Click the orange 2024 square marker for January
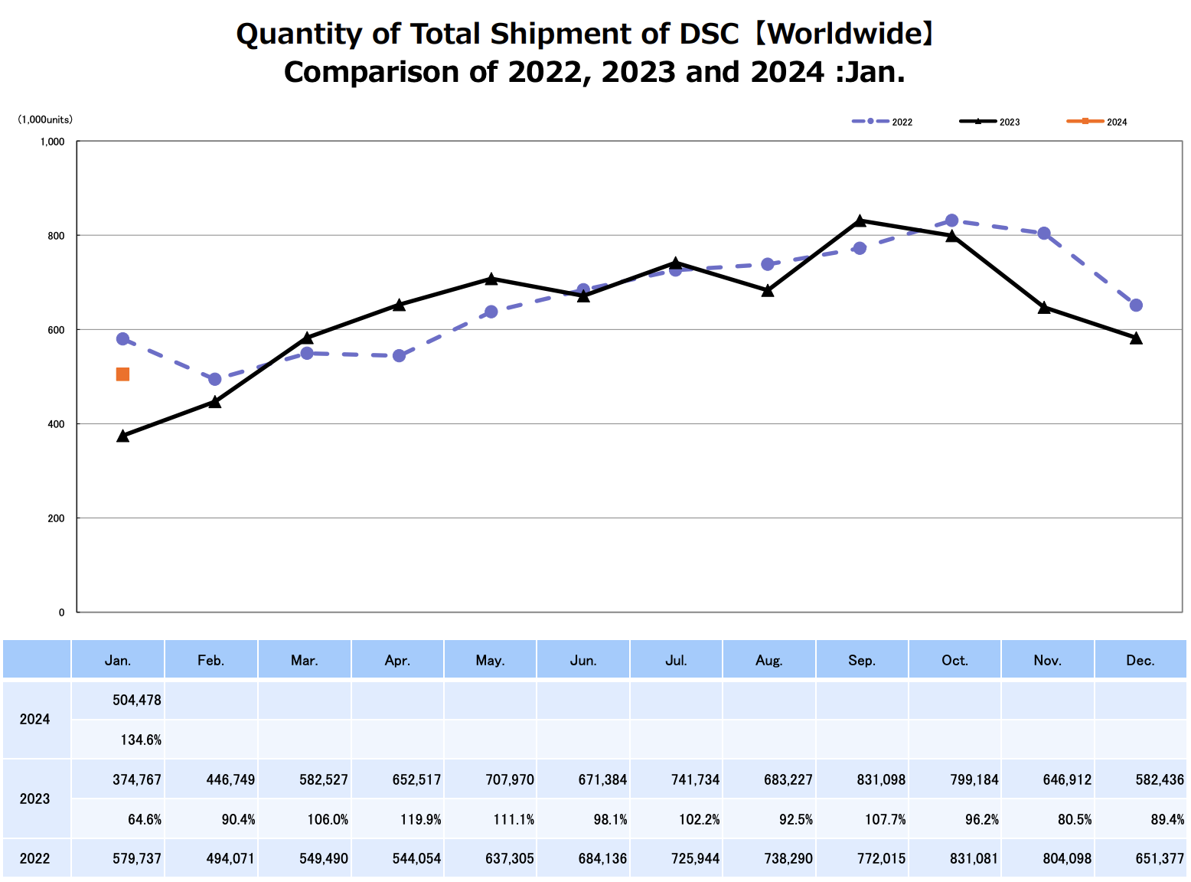pos(122,374)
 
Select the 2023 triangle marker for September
pos(860,220)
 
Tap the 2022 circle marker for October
pos(951,220)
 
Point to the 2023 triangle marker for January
pos(122,436)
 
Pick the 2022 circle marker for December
pos(1136,305)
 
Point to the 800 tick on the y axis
pos(57,236)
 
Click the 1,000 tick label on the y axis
pos(52,142)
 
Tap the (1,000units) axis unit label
pos(45,119)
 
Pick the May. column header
pos(490,660)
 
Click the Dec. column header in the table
pos(1140,660)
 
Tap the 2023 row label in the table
pos(35,799)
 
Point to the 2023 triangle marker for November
pos(1044,308)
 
